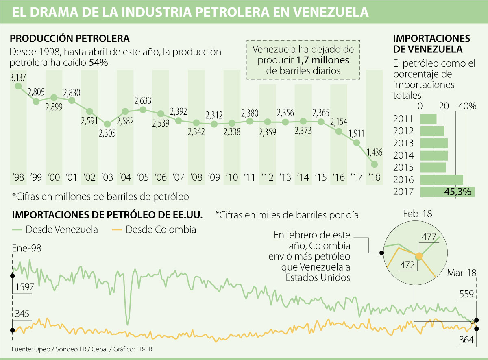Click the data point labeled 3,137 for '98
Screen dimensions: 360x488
click(18, 86)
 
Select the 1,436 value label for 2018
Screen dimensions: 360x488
click(374, 153)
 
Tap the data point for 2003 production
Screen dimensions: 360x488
click(107, 124)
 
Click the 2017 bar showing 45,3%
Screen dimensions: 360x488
click(447, 192)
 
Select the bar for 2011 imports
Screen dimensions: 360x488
click(428, 119)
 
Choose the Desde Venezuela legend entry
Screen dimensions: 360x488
click(55, 229)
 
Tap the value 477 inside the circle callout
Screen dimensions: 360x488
click(429, 237)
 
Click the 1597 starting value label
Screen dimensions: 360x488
click(24, 287)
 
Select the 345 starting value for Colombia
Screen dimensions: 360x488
click(23, 314)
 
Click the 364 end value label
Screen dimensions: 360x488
click(466, 340)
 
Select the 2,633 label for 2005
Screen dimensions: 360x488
click(143, 100)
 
